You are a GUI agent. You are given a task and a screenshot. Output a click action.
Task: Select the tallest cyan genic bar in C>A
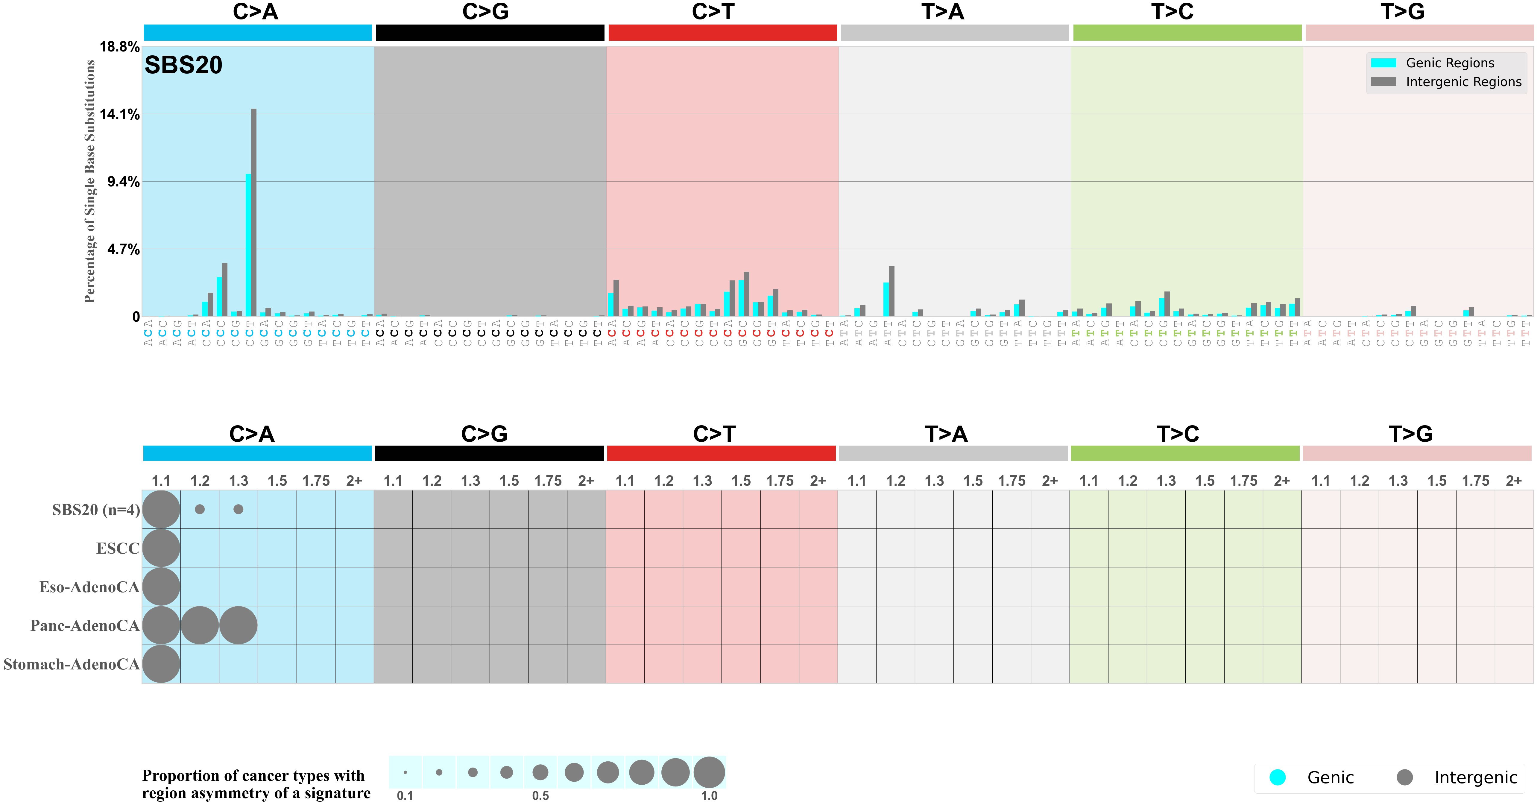(x=248, y=245)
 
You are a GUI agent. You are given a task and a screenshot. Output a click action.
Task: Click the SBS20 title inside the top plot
(x=183, y=65)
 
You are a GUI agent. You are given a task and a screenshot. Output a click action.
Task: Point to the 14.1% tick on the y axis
(x=119, y=115)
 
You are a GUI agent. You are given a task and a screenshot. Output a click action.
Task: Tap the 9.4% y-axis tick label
(x=123, y=182)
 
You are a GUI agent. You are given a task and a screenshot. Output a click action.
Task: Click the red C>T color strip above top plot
(x=722, y=33)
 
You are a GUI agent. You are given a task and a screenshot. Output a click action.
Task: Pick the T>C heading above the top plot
(x=1172, y=12)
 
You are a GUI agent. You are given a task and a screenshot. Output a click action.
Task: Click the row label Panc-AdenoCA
(x=85, y=625)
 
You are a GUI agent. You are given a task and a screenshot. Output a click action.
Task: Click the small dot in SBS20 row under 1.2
(x=200, y=509)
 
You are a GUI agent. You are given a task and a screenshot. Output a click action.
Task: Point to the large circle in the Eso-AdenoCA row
(x=161, y=587)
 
